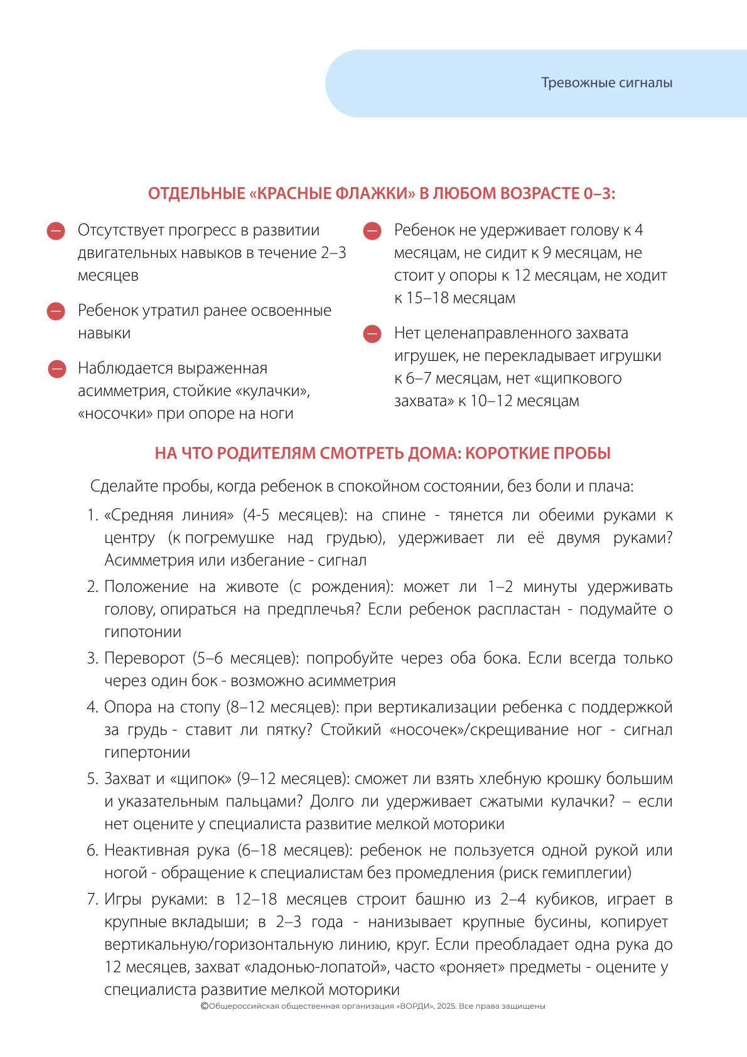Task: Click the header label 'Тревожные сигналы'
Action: coord(606,83)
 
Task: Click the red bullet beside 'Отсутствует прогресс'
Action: coord(56,231)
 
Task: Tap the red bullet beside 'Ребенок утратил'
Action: coord(56,311)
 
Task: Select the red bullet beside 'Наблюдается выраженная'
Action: coord(57,369)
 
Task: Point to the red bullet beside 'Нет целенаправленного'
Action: coord(372,334)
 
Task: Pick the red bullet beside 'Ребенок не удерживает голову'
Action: coord(372,231)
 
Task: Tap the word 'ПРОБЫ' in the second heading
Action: coord(582,453)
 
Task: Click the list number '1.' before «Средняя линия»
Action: coord(93,515)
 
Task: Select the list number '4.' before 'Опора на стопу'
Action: coord(93,707)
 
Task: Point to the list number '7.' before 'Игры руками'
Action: coord(93,899)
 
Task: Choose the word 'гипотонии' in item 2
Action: coord(142,632)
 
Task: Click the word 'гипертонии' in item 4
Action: coord(147,753)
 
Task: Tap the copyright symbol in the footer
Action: coord(204,1006)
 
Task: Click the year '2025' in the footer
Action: coord(446,1006)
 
